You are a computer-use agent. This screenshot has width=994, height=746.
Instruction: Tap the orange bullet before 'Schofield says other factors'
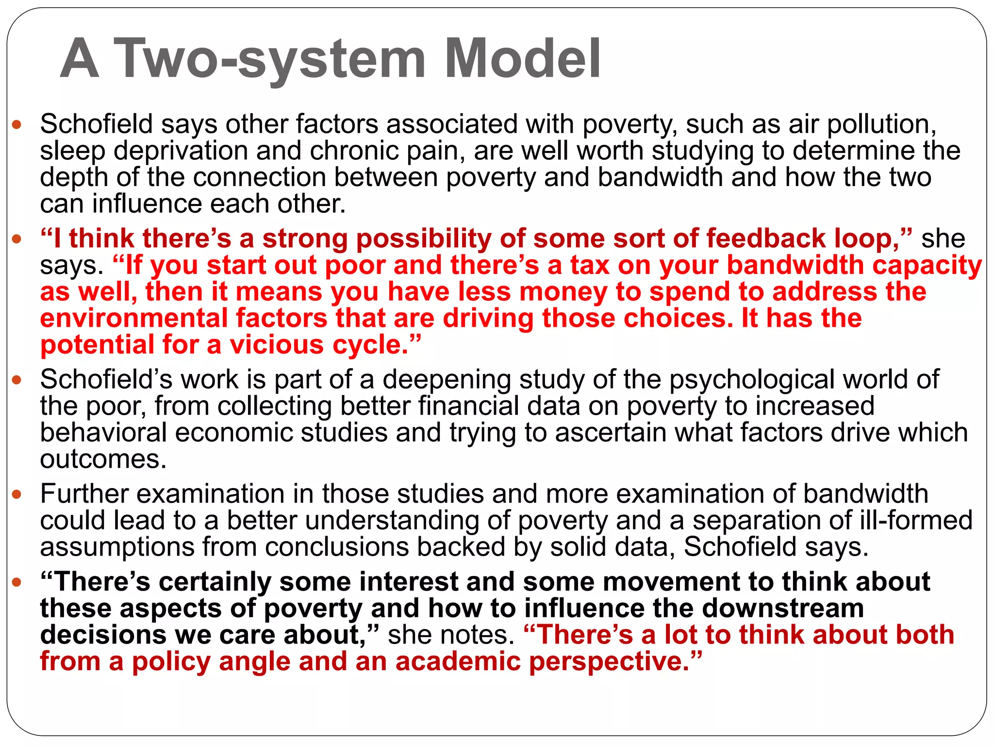click(x=17, y=125)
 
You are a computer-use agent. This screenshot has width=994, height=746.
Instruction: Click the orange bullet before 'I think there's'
click(x=17, y=239)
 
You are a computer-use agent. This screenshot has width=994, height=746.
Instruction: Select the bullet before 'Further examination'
click(x=17, y=495)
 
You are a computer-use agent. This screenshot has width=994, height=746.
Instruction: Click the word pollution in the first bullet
click(x=881, y=124)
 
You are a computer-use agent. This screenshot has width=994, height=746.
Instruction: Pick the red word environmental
click(x=134, y=319)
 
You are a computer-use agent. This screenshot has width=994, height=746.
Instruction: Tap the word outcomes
click(x=103, y=459)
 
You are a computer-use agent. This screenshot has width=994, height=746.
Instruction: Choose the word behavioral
click(x=103, y=433)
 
